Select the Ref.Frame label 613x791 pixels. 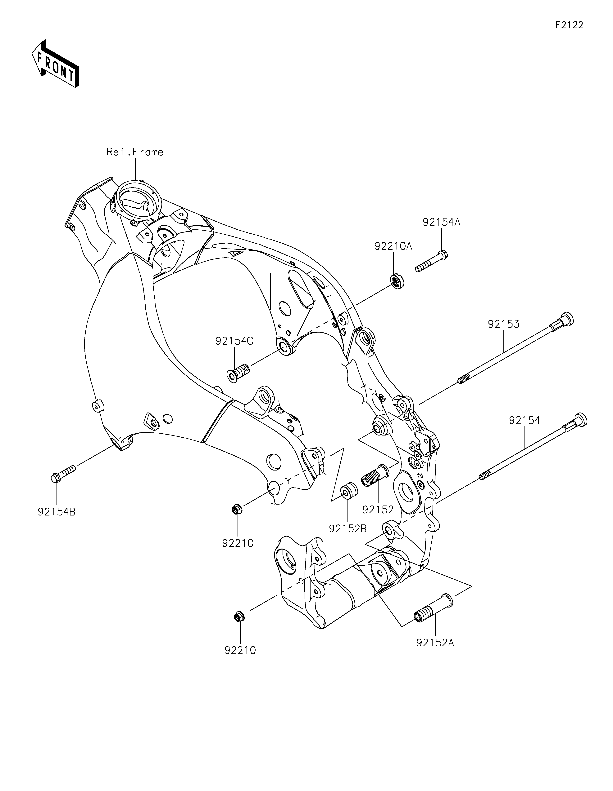coord(135,152)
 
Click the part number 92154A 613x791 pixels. coord(441,222)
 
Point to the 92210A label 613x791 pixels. coord(393,246)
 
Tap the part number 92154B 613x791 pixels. coord(57,512)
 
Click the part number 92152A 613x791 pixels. coord(435,643)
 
